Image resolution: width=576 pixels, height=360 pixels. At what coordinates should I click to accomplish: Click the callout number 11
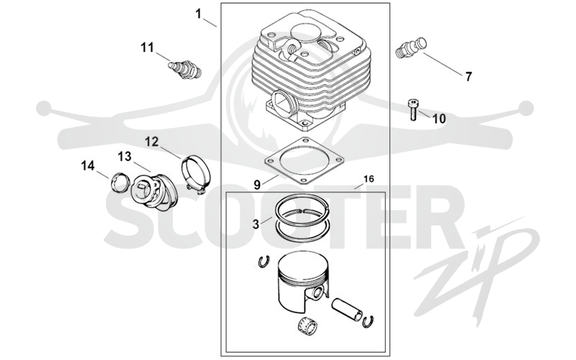click(148, 48)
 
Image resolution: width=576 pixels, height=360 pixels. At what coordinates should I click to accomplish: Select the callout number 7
click(469, 77)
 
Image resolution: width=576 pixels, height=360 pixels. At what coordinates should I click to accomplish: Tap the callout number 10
click(438, 119)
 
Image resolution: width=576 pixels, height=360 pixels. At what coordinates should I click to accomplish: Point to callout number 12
click(151, 141)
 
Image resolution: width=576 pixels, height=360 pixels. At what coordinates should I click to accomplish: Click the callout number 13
click(125, 156)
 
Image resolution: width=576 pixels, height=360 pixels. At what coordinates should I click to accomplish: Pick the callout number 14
click(88, 166)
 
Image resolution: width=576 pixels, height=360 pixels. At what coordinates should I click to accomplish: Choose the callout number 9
click(257, 185)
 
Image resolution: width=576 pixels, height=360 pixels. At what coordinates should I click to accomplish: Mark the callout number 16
click(369, 179)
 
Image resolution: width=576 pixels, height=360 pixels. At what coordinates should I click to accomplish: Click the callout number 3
click(256, 224)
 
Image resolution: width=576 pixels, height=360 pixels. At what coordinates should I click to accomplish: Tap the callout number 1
click(199, 14)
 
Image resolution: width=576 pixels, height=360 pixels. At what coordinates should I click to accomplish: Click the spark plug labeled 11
click(185, 69)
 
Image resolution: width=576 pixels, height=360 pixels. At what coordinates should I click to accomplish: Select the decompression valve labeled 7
click(412, 47)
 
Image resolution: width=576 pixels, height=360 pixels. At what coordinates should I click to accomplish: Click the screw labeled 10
click(413, 109)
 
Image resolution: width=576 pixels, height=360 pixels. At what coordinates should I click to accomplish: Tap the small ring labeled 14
click(120, 182)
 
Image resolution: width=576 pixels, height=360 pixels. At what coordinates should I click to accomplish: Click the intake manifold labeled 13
click(154, 192)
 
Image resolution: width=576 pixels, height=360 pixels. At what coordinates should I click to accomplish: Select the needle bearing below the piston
click(307, 325)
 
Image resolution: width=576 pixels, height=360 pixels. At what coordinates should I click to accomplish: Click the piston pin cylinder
click(347, 308)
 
